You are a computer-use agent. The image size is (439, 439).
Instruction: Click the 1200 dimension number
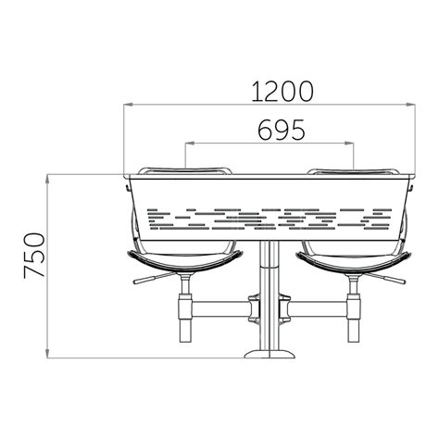269,91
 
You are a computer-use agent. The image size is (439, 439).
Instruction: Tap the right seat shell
352,261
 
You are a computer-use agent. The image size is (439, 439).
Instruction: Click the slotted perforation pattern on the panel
269,216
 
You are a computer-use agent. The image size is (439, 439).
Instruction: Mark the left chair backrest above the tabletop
185,169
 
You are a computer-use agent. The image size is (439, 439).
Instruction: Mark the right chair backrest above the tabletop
352,169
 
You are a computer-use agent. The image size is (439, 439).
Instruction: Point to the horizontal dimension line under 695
222,143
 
